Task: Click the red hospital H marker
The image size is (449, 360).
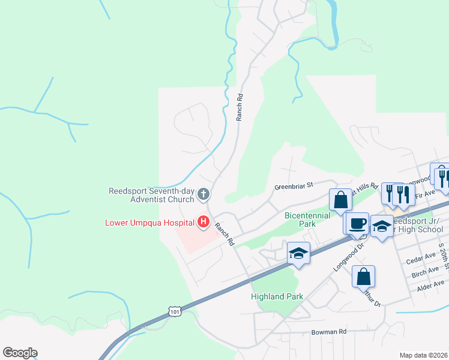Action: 203,223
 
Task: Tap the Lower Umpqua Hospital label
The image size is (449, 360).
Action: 149,223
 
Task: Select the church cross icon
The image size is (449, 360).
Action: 203,194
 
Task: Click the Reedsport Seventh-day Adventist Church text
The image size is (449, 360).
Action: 152,196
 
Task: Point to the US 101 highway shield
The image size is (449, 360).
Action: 175,311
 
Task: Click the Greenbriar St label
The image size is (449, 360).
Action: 295,187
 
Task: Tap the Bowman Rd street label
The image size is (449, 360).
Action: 329,331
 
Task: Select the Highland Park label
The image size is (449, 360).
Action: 277,296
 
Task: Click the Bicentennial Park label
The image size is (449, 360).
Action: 307,219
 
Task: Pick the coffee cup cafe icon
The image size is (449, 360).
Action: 358,223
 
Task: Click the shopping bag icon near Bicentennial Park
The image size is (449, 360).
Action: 340,200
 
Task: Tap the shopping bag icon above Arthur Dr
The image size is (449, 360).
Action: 363,277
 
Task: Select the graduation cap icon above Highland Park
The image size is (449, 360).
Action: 298,253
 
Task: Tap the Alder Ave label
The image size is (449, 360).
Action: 431,286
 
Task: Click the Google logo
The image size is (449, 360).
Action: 20,353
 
